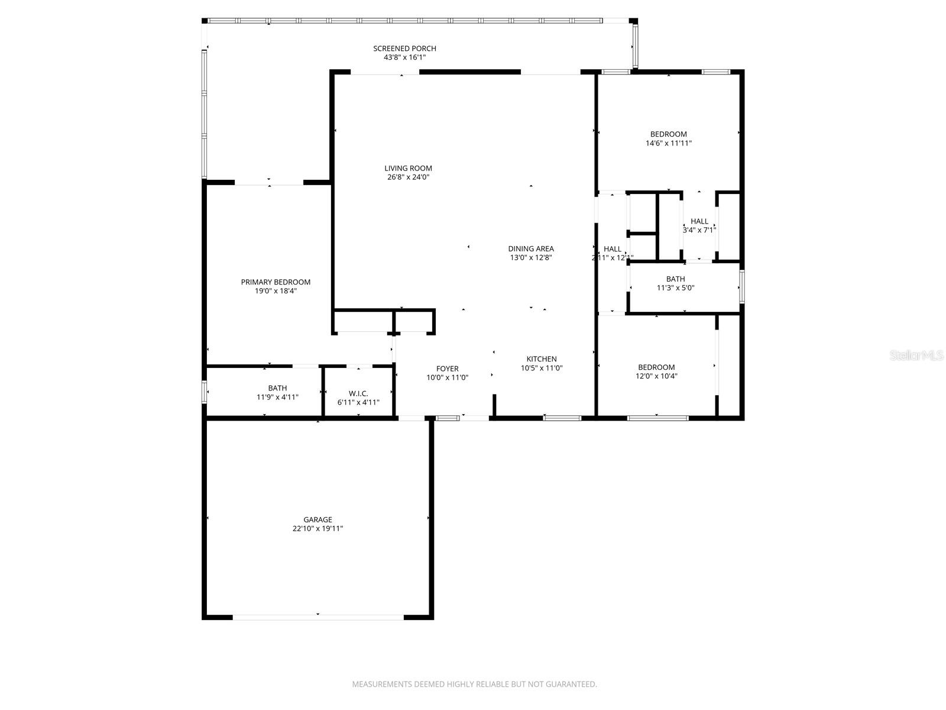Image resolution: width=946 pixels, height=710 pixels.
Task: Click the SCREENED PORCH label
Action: click(x=404, y=49)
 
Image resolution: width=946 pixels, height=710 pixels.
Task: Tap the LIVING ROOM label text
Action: click(x=408, y=168)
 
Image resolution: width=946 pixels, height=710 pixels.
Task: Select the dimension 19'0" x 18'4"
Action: click(x=276, y=291)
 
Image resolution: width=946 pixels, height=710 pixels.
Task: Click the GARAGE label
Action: click(x=318, y=519)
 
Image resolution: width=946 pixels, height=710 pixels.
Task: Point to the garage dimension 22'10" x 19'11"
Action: click(x=318, y=529)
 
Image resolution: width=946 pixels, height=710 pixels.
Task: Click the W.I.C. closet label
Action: click(x=358, y=393)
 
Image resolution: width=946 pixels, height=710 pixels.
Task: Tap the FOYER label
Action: click(x=447, y=369)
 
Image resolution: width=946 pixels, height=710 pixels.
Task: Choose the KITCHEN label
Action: click(x=542, y=359)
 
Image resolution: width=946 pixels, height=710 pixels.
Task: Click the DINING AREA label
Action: click(x=531, y=248)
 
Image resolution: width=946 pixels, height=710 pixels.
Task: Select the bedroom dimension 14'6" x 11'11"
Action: click(x=669, y=143)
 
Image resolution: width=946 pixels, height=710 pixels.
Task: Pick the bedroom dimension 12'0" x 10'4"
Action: click(x=656, y=376)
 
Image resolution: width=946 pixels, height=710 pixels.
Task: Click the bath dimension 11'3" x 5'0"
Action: click(x=675, y=288)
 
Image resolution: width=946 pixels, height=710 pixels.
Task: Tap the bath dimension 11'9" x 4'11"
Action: click(x=277, y=397)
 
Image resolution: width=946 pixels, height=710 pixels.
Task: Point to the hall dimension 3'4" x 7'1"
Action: click(x=699, y=230)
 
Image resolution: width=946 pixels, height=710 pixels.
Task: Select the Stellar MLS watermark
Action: click(x=916, y=356)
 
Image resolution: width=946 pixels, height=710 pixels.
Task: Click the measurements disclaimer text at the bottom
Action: click(x=474, y=684)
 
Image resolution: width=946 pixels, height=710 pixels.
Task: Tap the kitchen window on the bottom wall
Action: click(x=562, y=418)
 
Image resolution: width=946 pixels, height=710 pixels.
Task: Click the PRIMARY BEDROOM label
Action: click(x=276, y=282)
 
